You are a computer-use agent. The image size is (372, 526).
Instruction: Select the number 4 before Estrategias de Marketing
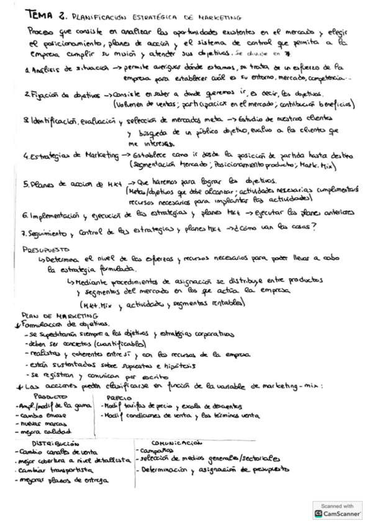click(24, 155)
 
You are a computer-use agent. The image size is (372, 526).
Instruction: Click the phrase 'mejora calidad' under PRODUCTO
click(42, 431)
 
